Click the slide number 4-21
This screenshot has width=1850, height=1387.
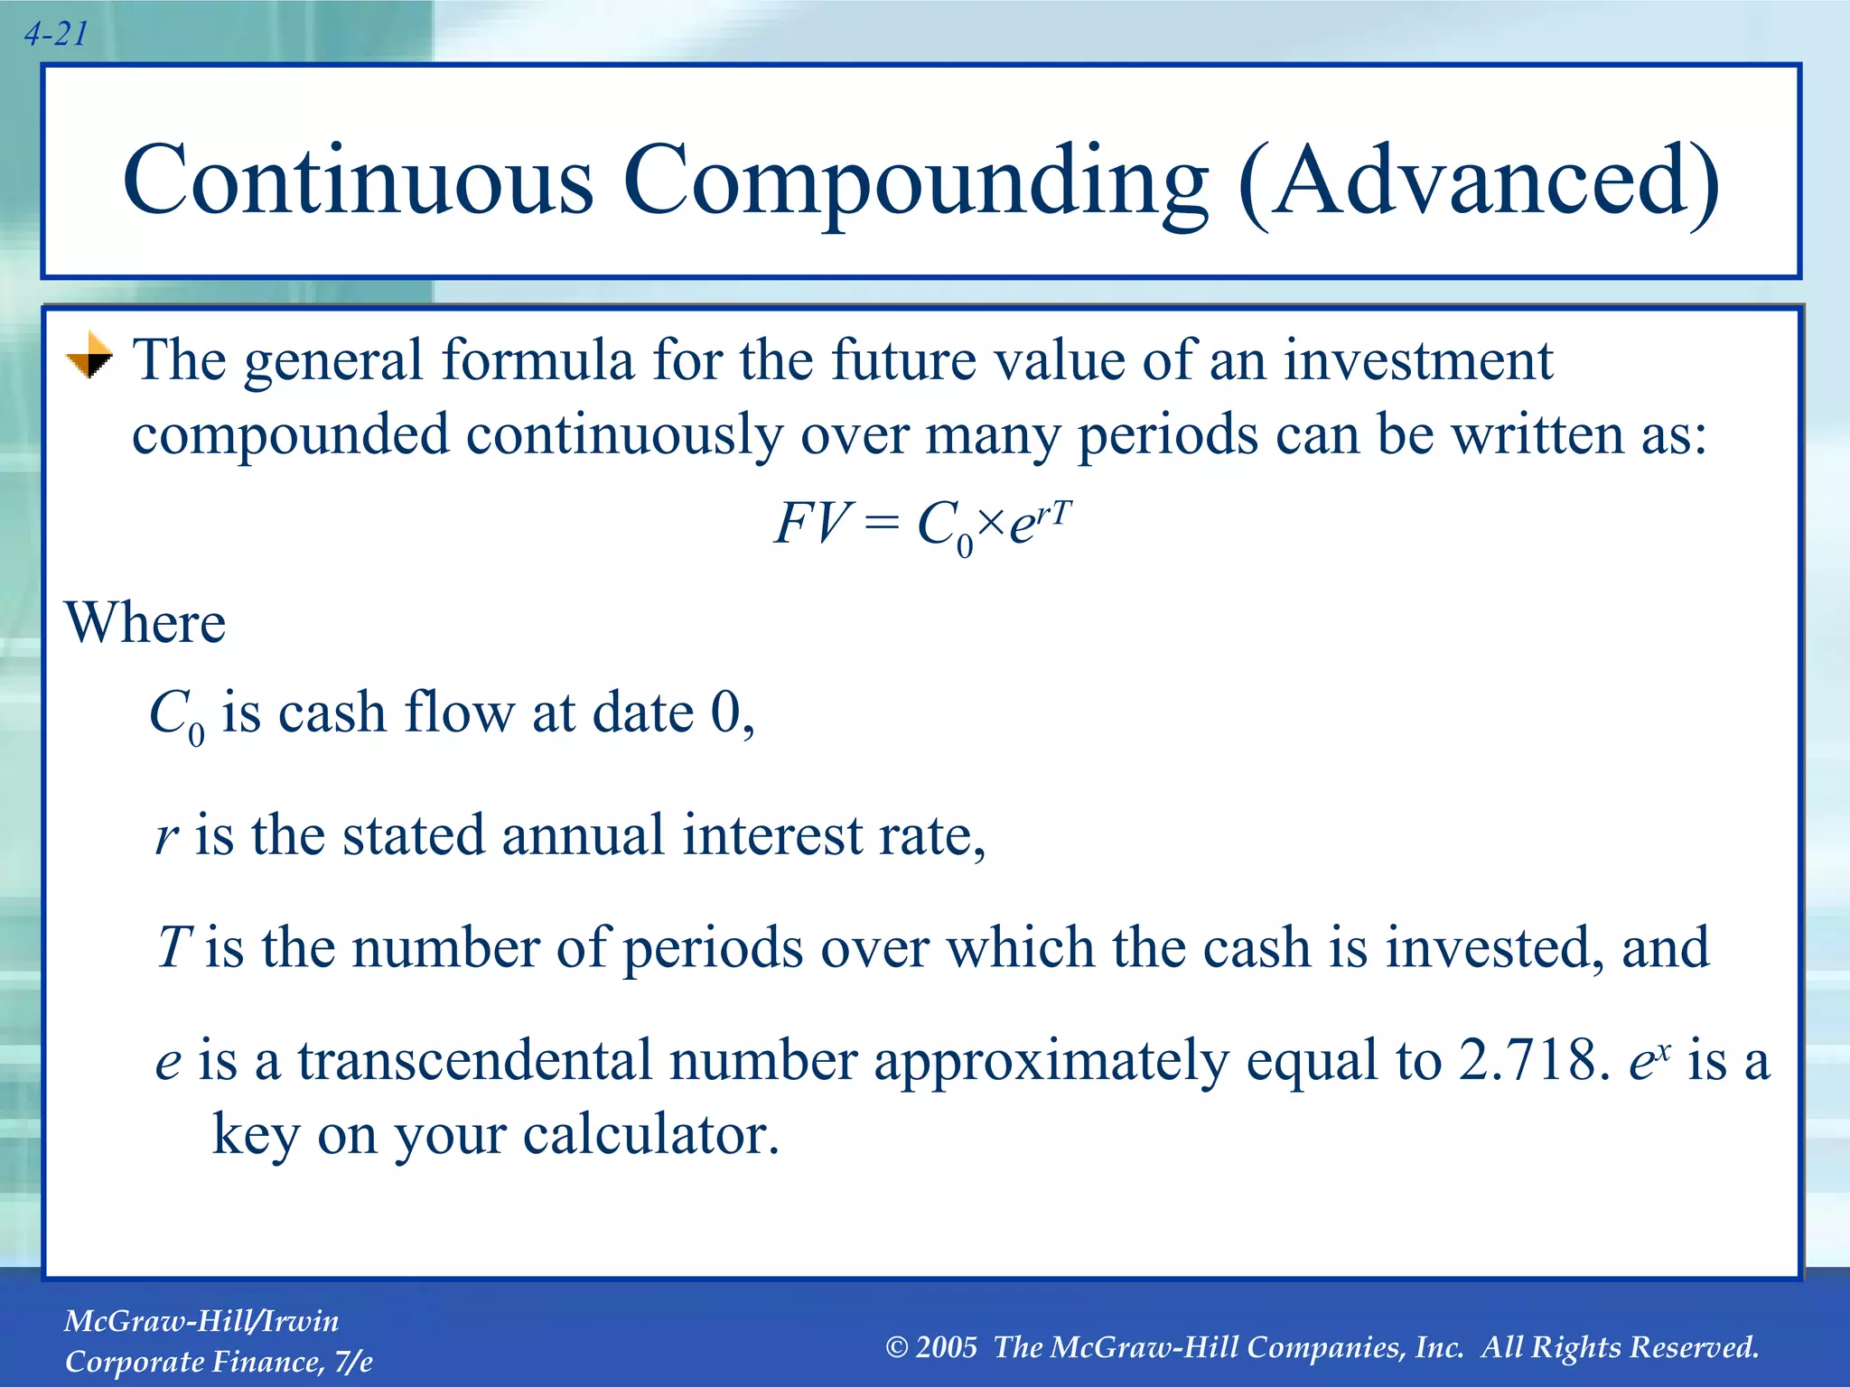coord(56,34)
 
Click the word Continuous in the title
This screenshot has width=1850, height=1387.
coord(358,181)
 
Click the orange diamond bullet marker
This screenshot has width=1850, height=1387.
coord(89,356)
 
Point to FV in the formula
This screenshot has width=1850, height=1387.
coord(811,524)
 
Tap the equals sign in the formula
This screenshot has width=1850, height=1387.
coord(882,525)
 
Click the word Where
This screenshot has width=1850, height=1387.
coord(145,623)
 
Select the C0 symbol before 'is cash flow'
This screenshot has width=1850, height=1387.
coord(176,716)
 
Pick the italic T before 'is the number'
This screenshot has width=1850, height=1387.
coord(172,947)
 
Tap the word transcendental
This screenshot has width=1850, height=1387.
coord(474,1060)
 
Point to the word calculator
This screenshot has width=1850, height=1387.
coord(650,1135)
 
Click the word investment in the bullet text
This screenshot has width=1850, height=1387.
coord(1417,360)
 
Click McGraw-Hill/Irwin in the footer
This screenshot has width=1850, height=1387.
coord(201,1321)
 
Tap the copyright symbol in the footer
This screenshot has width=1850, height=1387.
coord(896,1348)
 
